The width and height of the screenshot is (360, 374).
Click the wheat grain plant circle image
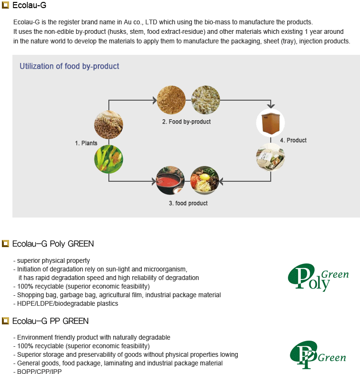tap(109, 125)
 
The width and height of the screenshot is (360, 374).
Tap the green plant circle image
tap(109, 159)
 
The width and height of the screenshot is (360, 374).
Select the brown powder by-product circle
tap(171, 100)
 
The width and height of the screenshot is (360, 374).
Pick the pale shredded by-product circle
tap(205, 100)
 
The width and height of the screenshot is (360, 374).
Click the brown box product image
tap(270, 123)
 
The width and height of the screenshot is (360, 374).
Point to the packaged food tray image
tap(270, 157)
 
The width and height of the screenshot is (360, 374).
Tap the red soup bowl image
tap(170, 180)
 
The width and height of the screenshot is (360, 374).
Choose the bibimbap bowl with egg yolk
tap(204, 180)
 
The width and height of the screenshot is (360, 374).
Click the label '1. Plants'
tap(86, 143)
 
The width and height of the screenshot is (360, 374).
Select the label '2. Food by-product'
tap(186, 122)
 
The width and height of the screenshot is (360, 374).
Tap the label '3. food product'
tap(188, 203)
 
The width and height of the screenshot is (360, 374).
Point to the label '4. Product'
tap(293, 140)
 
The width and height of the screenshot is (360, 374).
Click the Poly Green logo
tap(318, 278)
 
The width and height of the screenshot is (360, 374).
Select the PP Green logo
tap(318, 355)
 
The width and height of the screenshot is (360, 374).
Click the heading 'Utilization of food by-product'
tap(69, 66)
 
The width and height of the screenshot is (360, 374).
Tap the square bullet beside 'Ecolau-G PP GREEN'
tap(5, 321)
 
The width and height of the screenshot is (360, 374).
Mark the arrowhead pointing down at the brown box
tap(271, 106)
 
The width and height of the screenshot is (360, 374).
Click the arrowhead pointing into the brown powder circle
tap(155, 100)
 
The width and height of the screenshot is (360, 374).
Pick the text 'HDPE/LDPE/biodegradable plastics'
tap(68, 303)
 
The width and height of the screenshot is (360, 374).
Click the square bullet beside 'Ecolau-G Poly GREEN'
tap(5, 243)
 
